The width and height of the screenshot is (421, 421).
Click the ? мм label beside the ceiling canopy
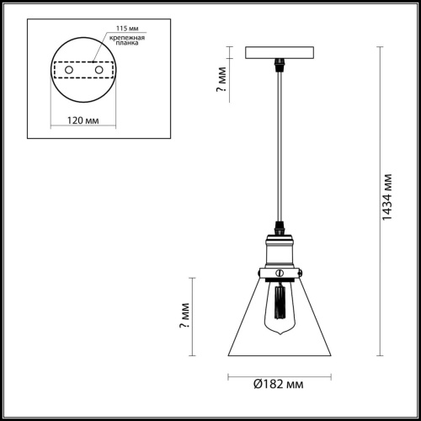click(x=220, y=82)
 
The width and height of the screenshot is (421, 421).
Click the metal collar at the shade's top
click(x=277, y=272)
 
